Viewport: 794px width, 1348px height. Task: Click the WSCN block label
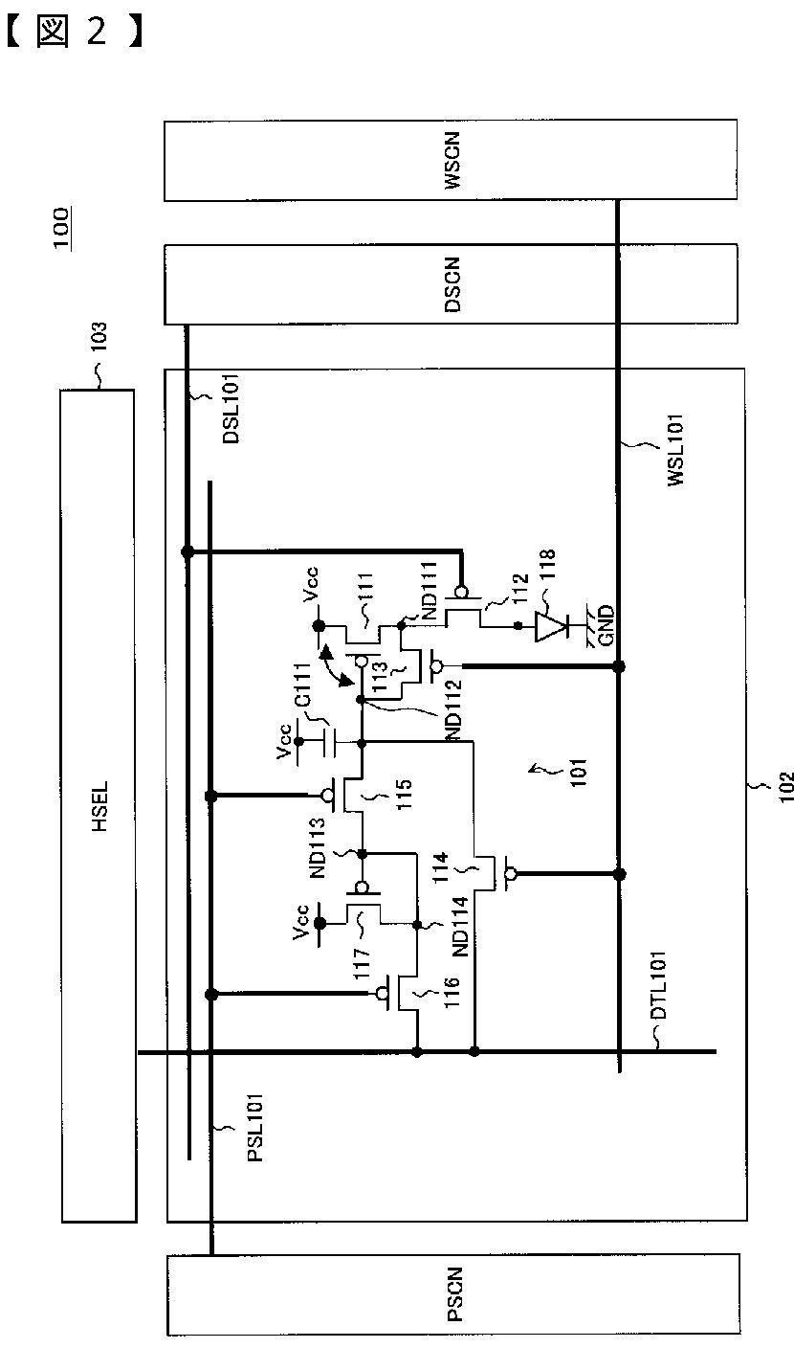pos(452,161)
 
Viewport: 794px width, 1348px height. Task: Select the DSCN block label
pos(452,284)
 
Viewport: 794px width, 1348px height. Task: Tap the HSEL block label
pos(99,806)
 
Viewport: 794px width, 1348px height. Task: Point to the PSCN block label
pos(455,1293)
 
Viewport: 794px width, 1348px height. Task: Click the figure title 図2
pos(75,32)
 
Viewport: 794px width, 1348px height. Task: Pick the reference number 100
pos(61,228)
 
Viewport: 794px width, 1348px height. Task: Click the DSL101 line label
pos(231,409)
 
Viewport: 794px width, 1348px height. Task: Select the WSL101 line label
pos(675,450)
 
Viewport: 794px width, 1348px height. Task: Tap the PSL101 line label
pos(255,1127)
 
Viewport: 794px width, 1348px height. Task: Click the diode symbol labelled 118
pos(552,627)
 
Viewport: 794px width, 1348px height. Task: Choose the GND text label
pos(607,626)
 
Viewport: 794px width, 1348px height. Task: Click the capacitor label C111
pos(302,685)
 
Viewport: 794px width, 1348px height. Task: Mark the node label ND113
pos(319,847)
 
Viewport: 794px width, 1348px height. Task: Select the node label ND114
pos(461,926)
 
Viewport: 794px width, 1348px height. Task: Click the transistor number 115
pos(404,794)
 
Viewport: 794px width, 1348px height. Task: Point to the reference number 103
pos(98,337)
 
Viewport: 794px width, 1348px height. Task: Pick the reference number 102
pos(786,787)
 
